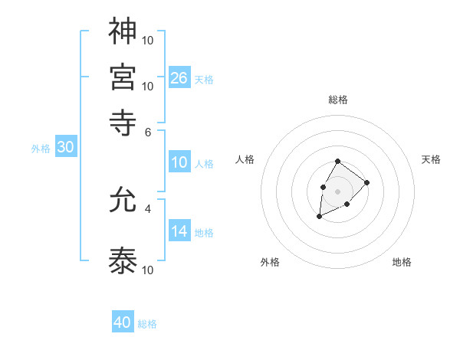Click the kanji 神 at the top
(123, 31)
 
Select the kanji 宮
(123, 77)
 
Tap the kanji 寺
(123, 120)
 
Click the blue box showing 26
(179, 77)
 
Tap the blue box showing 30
(65, 148)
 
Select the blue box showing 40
(123, 322)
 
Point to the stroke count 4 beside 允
(149, 208)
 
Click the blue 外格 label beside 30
(41, 149)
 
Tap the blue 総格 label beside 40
(147, 324)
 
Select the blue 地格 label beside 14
(204, 232)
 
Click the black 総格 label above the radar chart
(337, 100)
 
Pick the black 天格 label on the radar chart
(431, 159)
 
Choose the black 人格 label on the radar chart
(245, 159)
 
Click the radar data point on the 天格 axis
(367, 182)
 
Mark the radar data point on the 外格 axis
(319, 217)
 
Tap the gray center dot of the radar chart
(337, 190)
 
